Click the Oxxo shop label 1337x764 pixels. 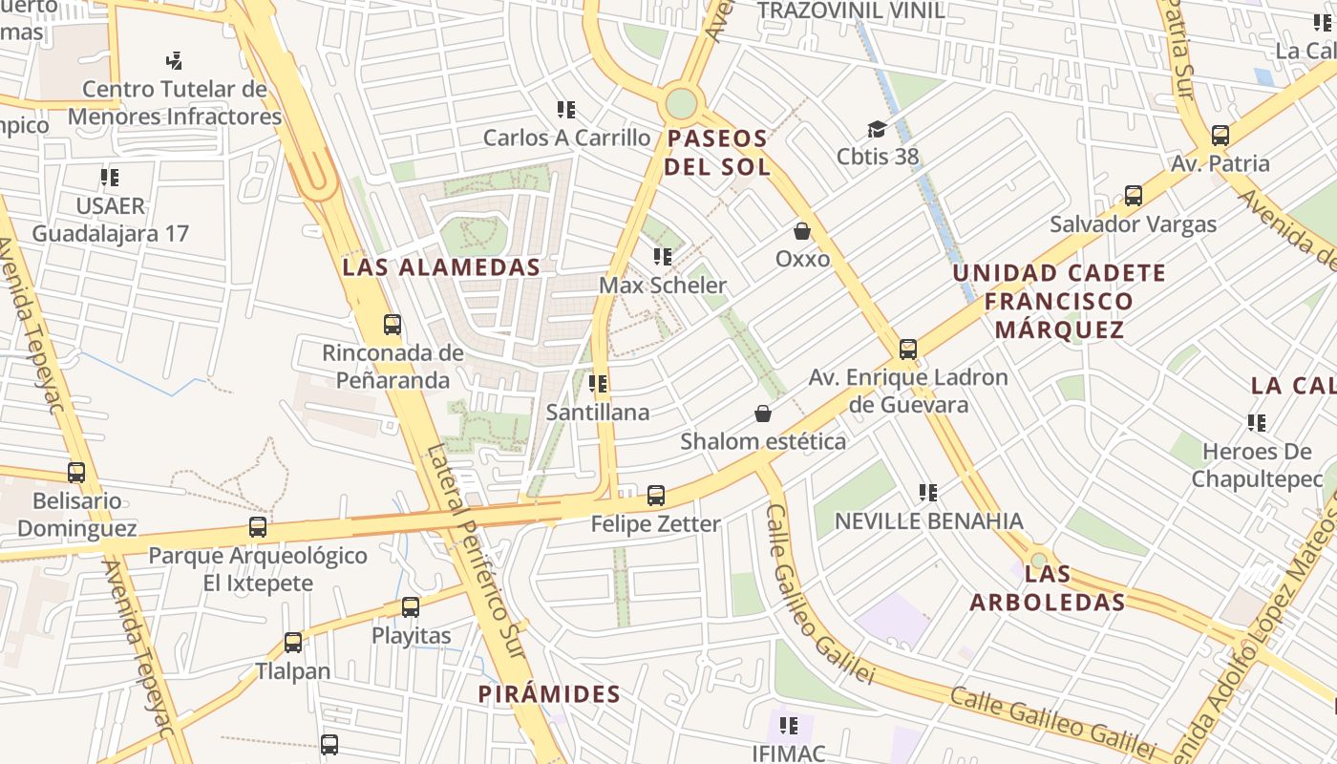pos(802,259)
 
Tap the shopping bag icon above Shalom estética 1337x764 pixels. pos(763,414)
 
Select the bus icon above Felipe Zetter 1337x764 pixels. pos(656,496)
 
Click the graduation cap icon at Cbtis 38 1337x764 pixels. pos(877,129)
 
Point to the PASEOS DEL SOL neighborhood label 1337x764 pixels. pos(717,153)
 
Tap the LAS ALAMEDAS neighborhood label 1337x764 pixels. pos(441,267)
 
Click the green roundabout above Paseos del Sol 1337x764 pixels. pos(681,103)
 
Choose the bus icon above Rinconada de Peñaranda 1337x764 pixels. pos(393,325)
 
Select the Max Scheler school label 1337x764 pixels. pos(663,286)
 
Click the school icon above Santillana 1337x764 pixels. pos(599,384)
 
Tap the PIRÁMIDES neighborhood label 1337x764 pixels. pos(549,694)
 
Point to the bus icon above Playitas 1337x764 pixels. pos(411,607)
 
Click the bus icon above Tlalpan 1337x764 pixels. pos(293,643)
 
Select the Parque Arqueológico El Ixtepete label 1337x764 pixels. pos(258,569)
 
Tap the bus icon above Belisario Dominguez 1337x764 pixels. pos(76,473)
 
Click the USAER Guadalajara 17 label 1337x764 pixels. pos(111,220)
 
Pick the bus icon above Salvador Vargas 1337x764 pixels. pos(1134,196)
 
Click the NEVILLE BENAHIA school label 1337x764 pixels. pos(928,521)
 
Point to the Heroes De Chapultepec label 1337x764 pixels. pos(1257,464)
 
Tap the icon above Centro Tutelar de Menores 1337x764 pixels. pos(174,61)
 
